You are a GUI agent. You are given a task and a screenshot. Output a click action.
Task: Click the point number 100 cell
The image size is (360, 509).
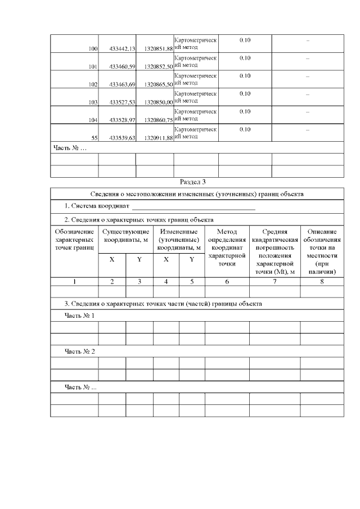93,49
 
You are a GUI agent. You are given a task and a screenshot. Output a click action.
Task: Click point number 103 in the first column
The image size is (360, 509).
93,102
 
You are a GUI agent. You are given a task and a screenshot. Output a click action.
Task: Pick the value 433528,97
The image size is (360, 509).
122,120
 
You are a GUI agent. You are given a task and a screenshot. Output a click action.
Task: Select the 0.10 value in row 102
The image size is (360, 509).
245,76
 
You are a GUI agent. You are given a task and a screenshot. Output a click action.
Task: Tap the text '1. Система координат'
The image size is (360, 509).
96,207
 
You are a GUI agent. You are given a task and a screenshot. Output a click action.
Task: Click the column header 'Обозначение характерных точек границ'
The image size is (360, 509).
74,240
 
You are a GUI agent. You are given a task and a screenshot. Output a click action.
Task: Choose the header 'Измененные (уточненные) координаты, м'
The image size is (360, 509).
179,240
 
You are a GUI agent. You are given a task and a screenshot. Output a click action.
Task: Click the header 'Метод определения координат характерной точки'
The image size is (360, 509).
227,247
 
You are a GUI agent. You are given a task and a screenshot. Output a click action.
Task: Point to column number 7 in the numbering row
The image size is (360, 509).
274,282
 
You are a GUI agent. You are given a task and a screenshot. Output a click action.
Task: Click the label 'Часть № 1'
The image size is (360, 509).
79,316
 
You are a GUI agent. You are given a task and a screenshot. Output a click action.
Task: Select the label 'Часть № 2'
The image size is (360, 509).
79,352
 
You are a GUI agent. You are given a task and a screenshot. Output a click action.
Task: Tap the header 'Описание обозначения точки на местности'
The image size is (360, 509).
322,251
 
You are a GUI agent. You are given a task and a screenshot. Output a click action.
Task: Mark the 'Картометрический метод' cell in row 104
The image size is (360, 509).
195,115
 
